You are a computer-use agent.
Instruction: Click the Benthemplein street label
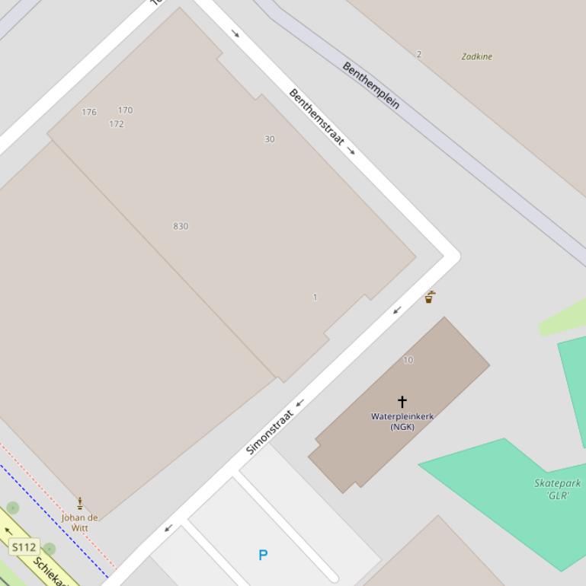point(371,85)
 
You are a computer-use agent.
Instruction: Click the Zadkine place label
point(476,56)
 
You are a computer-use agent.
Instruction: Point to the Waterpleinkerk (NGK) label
point(402,422)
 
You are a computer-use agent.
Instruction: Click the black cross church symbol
point(402,401)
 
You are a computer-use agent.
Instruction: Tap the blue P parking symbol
point(263,555)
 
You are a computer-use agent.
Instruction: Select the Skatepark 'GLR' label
point(558,489)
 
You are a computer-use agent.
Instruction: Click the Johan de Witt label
point(80,523)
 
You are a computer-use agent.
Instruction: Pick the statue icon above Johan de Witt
point(80,503)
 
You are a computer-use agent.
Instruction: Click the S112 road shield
point(24,547)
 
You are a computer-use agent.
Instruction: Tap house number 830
point(181,226)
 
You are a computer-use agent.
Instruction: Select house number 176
point(89,112)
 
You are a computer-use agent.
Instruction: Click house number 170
point(125,110)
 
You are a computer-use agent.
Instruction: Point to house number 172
point(117,124)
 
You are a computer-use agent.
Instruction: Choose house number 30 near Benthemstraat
point(269,139)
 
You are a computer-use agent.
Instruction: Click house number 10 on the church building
point(408,360)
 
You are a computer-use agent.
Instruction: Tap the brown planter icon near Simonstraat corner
point(430,297)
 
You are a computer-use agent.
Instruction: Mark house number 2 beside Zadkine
point(418,54)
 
